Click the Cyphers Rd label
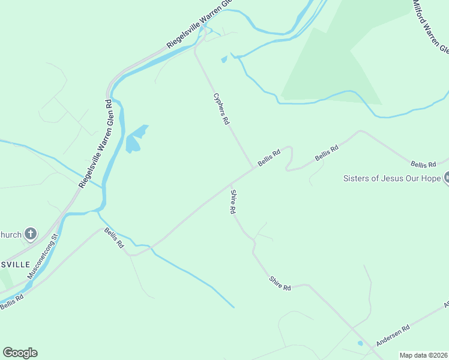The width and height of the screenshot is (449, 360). pos(221,109)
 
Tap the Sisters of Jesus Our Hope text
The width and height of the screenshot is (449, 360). pos(391,178)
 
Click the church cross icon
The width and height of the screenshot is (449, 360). pos(31,233)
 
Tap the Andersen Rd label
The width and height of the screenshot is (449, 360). pos(393,335)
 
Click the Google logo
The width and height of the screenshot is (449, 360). pos(20,353)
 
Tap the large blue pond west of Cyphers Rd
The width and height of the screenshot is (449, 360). pos(134,140)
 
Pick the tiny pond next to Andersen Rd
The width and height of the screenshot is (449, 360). pos(360,344)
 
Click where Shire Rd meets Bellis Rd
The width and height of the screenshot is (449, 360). pos(231,183)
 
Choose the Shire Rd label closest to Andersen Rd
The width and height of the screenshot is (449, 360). pos(280,283)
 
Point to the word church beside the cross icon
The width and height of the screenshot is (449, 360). pos(11,234)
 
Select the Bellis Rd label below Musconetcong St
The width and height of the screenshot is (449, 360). pos(11,302)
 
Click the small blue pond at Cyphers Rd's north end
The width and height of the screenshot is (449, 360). pos(224,59)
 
